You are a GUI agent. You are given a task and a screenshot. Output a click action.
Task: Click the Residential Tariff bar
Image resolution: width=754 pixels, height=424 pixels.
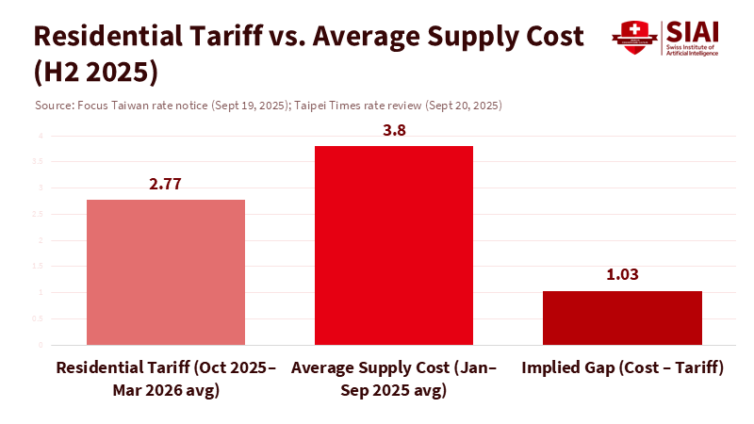[166, 272]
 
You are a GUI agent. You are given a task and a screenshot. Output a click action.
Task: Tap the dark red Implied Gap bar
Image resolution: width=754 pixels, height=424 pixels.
[622, 318]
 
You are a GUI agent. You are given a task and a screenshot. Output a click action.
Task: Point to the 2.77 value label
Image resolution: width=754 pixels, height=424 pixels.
[165, 184]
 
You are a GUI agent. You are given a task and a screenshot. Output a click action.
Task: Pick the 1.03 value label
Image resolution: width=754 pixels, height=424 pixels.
[622, 275]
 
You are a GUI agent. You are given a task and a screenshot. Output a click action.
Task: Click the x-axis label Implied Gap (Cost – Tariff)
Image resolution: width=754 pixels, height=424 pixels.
[622, 368]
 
